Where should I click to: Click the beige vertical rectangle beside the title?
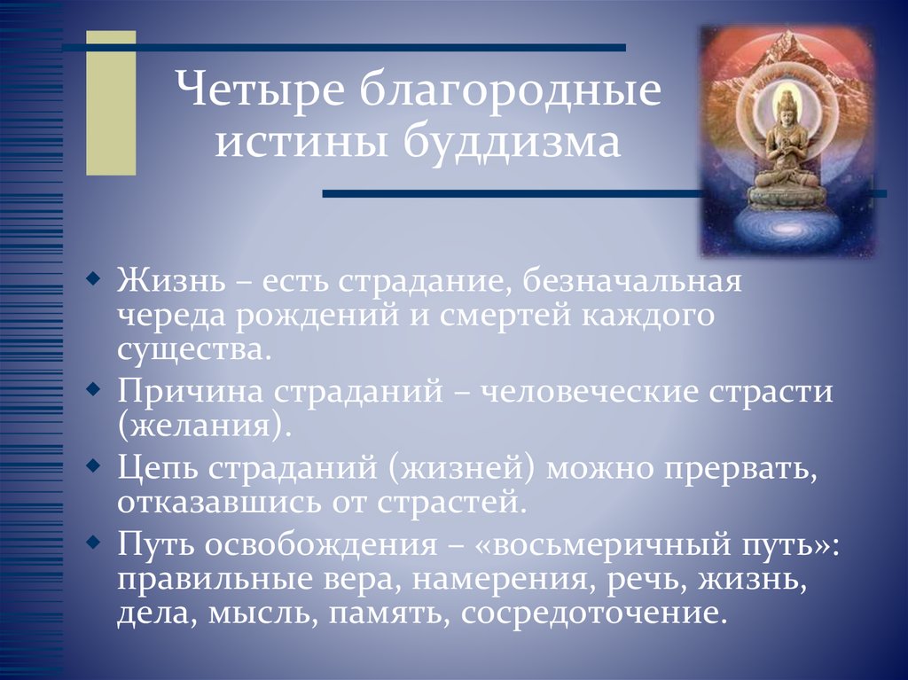pyautogui.click(x=111, y=102)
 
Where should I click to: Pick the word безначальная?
pyautogui.click(x=630, y=285)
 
